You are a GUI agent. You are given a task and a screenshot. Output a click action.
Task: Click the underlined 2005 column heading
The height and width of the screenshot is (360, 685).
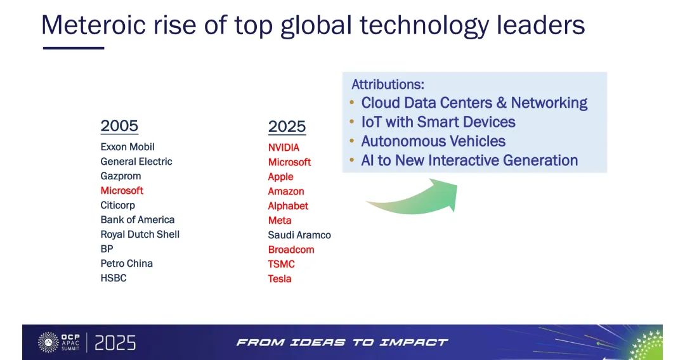coord(119,125)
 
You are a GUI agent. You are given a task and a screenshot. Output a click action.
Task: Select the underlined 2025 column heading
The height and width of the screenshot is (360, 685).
coord(287,127)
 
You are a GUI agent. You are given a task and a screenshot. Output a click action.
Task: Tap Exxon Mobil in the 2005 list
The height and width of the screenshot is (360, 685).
coord(127,147)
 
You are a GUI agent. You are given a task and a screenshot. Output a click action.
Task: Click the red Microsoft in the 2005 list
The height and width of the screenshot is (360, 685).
coord(122,191)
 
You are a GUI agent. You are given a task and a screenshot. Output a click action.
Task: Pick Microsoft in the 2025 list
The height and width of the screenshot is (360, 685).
coord(289,162)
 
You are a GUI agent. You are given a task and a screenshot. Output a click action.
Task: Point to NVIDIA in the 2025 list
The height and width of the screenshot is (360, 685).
coord(284,148)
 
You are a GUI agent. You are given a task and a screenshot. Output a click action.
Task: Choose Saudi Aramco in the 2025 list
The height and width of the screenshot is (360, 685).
coord(299,235)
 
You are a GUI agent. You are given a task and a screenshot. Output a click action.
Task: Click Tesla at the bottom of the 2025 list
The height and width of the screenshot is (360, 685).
coord(280,279)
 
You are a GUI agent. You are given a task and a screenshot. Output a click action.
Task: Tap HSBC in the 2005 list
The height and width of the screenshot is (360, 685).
coord(113,278)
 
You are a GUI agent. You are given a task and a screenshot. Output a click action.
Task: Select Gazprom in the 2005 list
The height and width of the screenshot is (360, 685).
coord(121,176)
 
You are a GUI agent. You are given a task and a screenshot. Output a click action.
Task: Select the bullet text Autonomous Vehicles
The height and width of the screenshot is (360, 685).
coord(433,141)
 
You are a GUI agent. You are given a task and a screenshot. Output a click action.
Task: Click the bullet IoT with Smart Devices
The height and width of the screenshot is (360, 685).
coord(438,122)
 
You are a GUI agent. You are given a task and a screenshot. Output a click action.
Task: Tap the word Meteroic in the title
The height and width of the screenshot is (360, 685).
coord(93,25)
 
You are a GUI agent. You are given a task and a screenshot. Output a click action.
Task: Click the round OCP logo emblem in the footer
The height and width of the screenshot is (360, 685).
coord(48,342)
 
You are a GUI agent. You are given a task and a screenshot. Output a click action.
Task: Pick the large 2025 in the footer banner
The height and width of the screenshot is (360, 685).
coord(115,343)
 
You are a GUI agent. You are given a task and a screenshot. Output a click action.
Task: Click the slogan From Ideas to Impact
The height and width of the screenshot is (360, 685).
coord(342,342)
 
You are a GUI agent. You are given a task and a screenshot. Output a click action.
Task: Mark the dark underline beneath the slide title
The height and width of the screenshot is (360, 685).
coord(74,48)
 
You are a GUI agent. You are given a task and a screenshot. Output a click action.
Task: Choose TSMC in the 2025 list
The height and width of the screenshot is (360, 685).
coord(282,264)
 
